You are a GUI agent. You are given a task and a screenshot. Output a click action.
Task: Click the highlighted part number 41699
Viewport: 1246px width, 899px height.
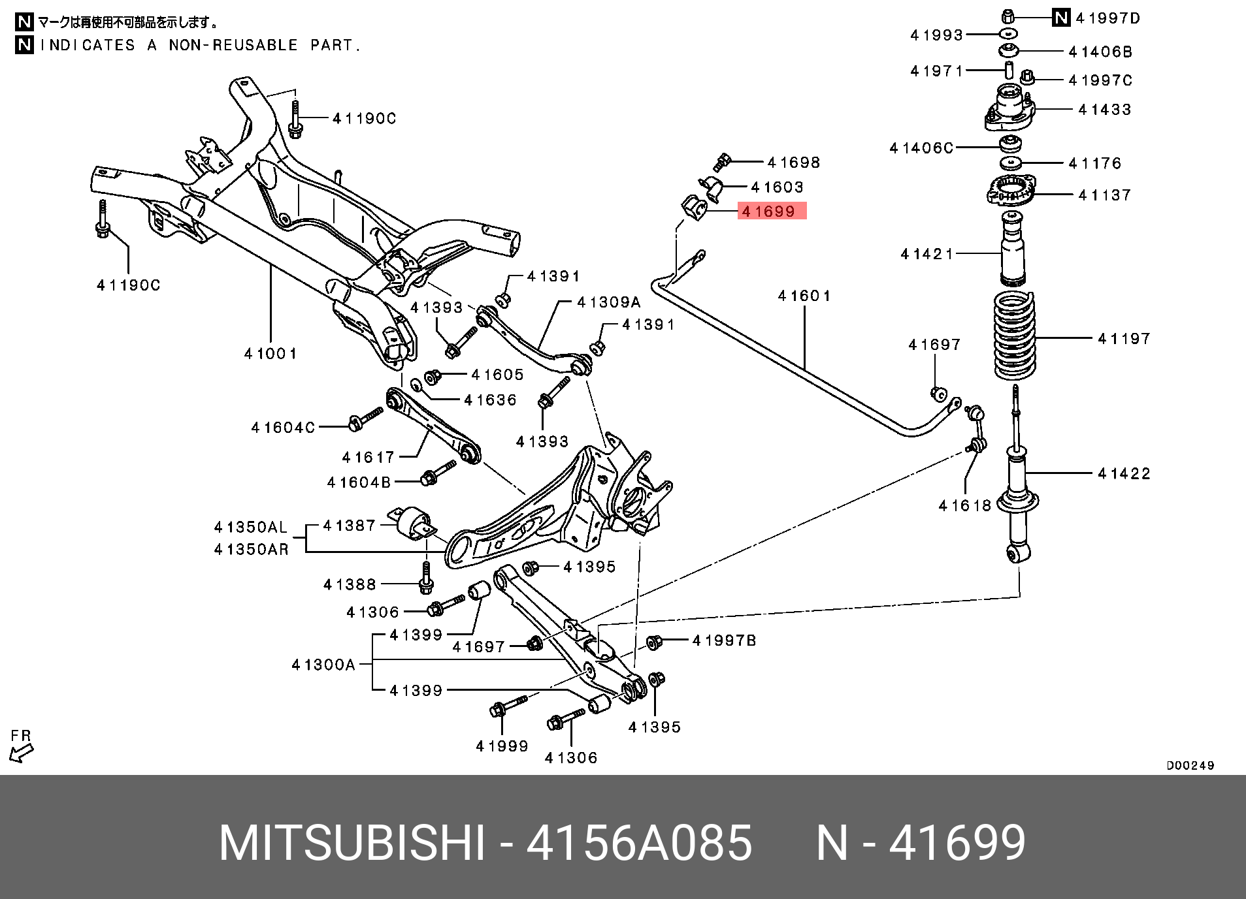771,211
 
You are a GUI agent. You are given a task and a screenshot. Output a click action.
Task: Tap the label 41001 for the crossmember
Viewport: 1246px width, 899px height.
271,353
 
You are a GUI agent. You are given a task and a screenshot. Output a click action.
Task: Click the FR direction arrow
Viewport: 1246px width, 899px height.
21,753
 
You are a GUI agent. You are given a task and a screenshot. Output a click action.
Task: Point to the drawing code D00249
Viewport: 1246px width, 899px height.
1190,765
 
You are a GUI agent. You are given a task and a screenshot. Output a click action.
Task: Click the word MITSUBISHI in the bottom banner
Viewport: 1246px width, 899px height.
352,843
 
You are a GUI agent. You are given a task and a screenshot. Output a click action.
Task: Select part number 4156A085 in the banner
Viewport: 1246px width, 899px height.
639,843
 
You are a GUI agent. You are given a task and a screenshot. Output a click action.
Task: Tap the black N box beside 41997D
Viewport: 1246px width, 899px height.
1061,18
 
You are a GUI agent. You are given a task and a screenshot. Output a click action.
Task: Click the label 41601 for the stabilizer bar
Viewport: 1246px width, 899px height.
804,296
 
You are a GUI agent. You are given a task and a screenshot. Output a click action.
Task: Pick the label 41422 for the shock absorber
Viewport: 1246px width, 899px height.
1124,473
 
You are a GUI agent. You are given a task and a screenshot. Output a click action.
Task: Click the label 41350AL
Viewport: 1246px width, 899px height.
251,527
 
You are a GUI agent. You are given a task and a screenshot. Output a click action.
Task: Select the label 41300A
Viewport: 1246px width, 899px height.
323,665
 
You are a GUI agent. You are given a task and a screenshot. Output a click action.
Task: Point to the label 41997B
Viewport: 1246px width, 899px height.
724,640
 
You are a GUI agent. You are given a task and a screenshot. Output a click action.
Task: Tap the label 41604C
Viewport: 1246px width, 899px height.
283,427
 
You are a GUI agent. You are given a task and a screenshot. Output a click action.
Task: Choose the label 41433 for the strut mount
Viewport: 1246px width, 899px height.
1104,109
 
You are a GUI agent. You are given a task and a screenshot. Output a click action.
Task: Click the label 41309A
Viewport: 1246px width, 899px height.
608,302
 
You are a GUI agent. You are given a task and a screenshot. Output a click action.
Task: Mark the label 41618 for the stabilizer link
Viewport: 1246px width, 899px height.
964,505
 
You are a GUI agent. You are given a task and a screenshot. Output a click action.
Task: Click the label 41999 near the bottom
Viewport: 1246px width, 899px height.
502,746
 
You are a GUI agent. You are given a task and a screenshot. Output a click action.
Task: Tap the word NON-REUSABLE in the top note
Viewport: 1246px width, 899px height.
233,45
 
